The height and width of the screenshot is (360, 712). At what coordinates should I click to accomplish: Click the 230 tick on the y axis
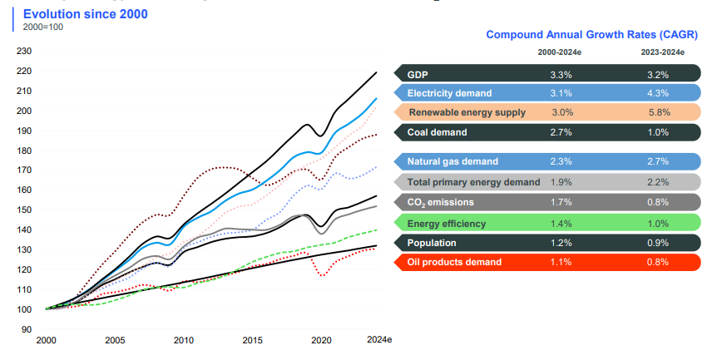pos(24,52)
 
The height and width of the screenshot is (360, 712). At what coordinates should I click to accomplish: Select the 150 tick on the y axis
pos(24,210)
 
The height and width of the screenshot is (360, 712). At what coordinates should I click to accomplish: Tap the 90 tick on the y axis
pos(27,329)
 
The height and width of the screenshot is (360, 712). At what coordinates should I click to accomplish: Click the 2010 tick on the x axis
pos(184,341)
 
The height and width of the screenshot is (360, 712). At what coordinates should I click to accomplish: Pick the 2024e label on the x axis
pos(380,341)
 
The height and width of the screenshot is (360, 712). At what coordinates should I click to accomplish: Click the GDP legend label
pos(418,74)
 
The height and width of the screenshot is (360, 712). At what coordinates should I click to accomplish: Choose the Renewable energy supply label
pos(467,112)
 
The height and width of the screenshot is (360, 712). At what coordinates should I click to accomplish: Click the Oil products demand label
pos(454,263)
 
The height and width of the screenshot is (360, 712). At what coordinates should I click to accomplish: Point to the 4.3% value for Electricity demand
pos(657,93)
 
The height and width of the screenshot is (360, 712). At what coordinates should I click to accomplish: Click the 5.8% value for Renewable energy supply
pos(657,112)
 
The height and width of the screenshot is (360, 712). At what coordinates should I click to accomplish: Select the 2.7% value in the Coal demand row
pos(561,132)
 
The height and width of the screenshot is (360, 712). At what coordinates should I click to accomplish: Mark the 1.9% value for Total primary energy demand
pos(561,182)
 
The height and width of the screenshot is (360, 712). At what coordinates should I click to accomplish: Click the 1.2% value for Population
pos(561,243)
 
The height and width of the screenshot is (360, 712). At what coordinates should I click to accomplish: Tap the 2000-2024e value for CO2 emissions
pos(561,201)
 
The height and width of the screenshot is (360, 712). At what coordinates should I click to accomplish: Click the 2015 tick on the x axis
pos(252,341)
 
